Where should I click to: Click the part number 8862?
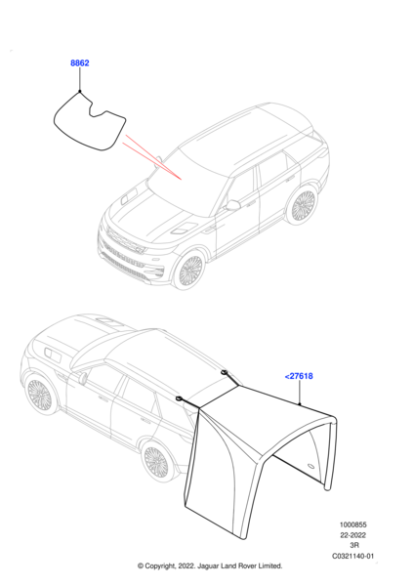[80, 63]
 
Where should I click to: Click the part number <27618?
[299, 376]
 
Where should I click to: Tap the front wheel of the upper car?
[189, 270]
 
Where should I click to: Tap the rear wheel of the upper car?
[303, 205]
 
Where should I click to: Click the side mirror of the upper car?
[232, 205]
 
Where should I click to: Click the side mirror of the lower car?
[83, 377]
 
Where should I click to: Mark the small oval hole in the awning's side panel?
[310, 466]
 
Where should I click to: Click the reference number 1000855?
[352, 524]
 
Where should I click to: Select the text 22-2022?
[352, 535]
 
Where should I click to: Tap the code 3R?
[354, 545]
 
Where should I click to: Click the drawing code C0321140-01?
[352, 556]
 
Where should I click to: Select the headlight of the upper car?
[135, 248]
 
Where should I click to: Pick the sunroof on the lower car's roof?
[108, 321]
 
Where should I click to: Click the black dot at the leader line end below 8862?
[80, 91]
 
